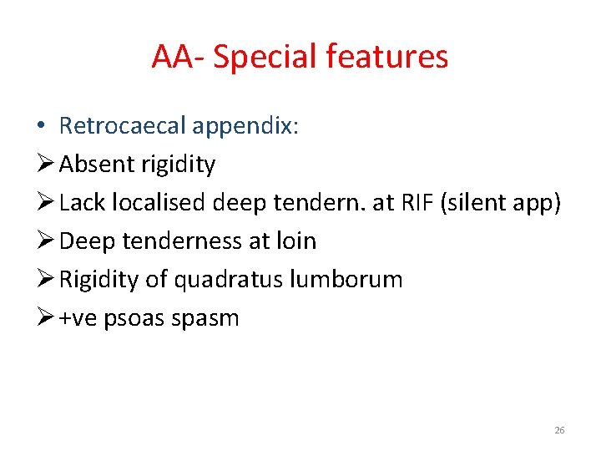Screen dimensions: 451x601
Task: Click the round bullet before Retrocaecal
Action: coord(41,126)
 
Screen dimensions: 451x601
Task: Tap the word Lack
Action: coord(80,203)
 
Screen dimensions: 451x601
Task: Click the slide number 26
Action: coord(559,430)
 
